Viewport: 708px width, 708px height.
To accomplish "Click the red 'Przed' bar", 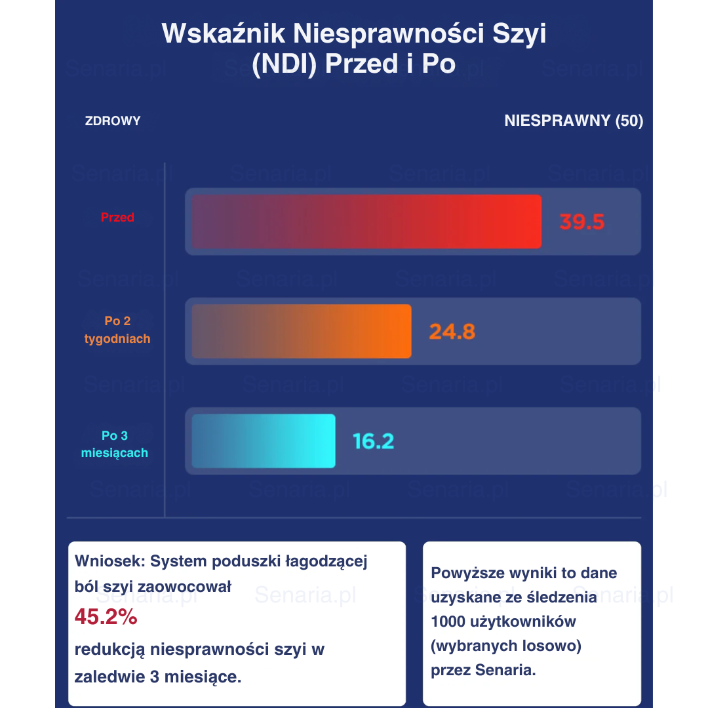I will tap(366, 222).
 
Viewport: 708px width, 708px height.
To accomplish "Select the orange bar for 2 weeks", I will tap(301, 331).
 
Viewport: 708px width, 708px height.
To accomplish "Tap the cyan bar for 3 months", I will tap(263, 441).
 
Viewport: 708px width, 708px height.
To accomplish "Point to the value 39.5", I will tap(581, 222).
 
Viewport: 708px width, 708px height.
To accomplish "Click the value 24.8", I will tap(452, 331).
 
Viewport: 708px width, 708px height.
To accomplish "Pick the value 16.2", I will tap(373, 441).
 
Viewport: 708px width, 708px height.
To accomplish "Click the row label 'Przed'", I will tap(117, 218).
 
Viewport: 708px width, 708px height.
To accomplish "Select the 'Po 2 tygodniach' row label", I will tap(117, 330).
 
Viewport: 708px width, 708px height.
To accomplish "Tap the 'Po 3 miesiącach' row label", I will tap(115, 444).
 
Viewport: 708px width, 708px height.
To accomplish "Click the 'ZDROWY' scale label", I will tap(113, 121).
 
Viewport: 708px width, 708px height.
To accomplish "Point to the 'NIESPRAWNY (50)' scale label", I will tap(574, 121).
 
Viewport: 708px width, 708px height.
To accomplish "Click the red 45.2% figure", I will tap(106, 617).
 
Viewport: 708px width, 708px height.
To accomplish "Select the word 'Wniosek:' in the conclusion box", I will tap(109, 561).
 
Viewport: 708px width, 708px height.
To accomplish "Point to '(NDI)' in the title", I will tap(285, 64).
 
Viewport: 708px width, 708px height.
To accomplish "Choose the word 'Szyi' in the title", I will tap(521, 33).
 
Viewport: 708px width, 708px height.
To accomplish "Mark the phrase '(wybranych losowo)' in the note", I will tap(506, 646).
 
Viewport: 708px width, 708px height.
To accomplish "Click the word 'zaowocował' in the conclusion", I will tap(192, 587).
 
